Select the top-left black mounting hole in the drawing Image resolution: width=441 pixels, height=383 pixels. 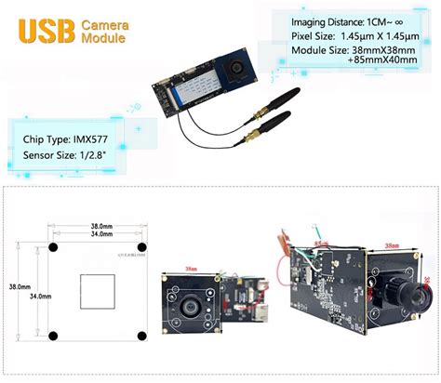coord(54,247)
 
